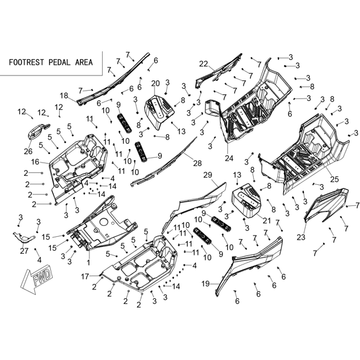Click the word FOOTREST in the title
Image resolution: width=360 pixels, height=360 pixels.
[x=26, y=62]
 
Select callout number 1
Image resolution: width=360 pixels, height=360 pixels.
[x=89, y=262]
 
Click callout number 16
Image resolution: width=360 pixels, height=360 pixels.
[x=35, y=162]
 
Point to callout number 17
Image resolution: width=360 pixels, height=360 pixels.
[x=85, y=277]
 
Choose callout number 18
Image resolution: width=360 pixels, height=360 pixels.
[x=64, y=95]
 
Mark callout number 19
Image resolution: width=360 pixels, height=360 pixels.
[x=205, y=284]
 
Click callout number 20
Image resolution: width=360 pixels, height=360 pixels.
[x=155, y=83]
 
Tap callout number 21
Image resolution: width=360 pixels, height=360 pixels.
[x=266, y=220]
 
